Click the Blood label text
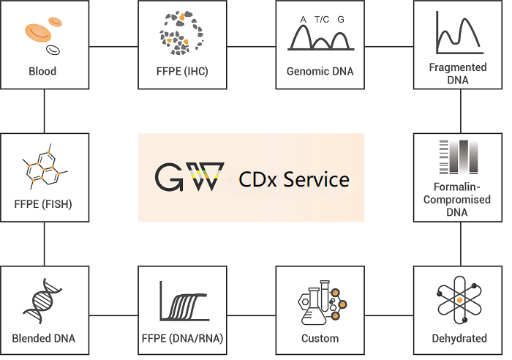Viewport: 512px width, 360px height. coord(42,72)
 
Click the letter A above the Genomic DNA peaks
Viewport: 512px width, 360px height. coord(303,20)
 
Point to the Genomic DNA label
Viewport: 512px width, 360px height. coord(320,72)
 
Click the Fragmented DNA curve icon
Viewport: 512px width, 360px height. coord(458,34)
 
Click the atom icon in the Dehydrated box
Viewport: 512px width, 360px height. coord(459,301)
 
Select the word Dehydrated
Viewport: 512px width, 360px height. coord(459,338)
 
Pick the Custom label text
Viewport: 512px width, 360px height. coord(320,338)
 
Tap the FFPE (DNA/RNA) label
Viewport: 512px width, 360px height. coord(182,338)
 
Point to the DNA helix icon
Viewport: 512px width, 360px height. coord(42,301)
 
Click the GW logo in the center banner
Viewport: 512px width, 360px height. coord(189,176)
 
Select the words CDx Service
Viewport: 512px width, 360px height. coord(294,179)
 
